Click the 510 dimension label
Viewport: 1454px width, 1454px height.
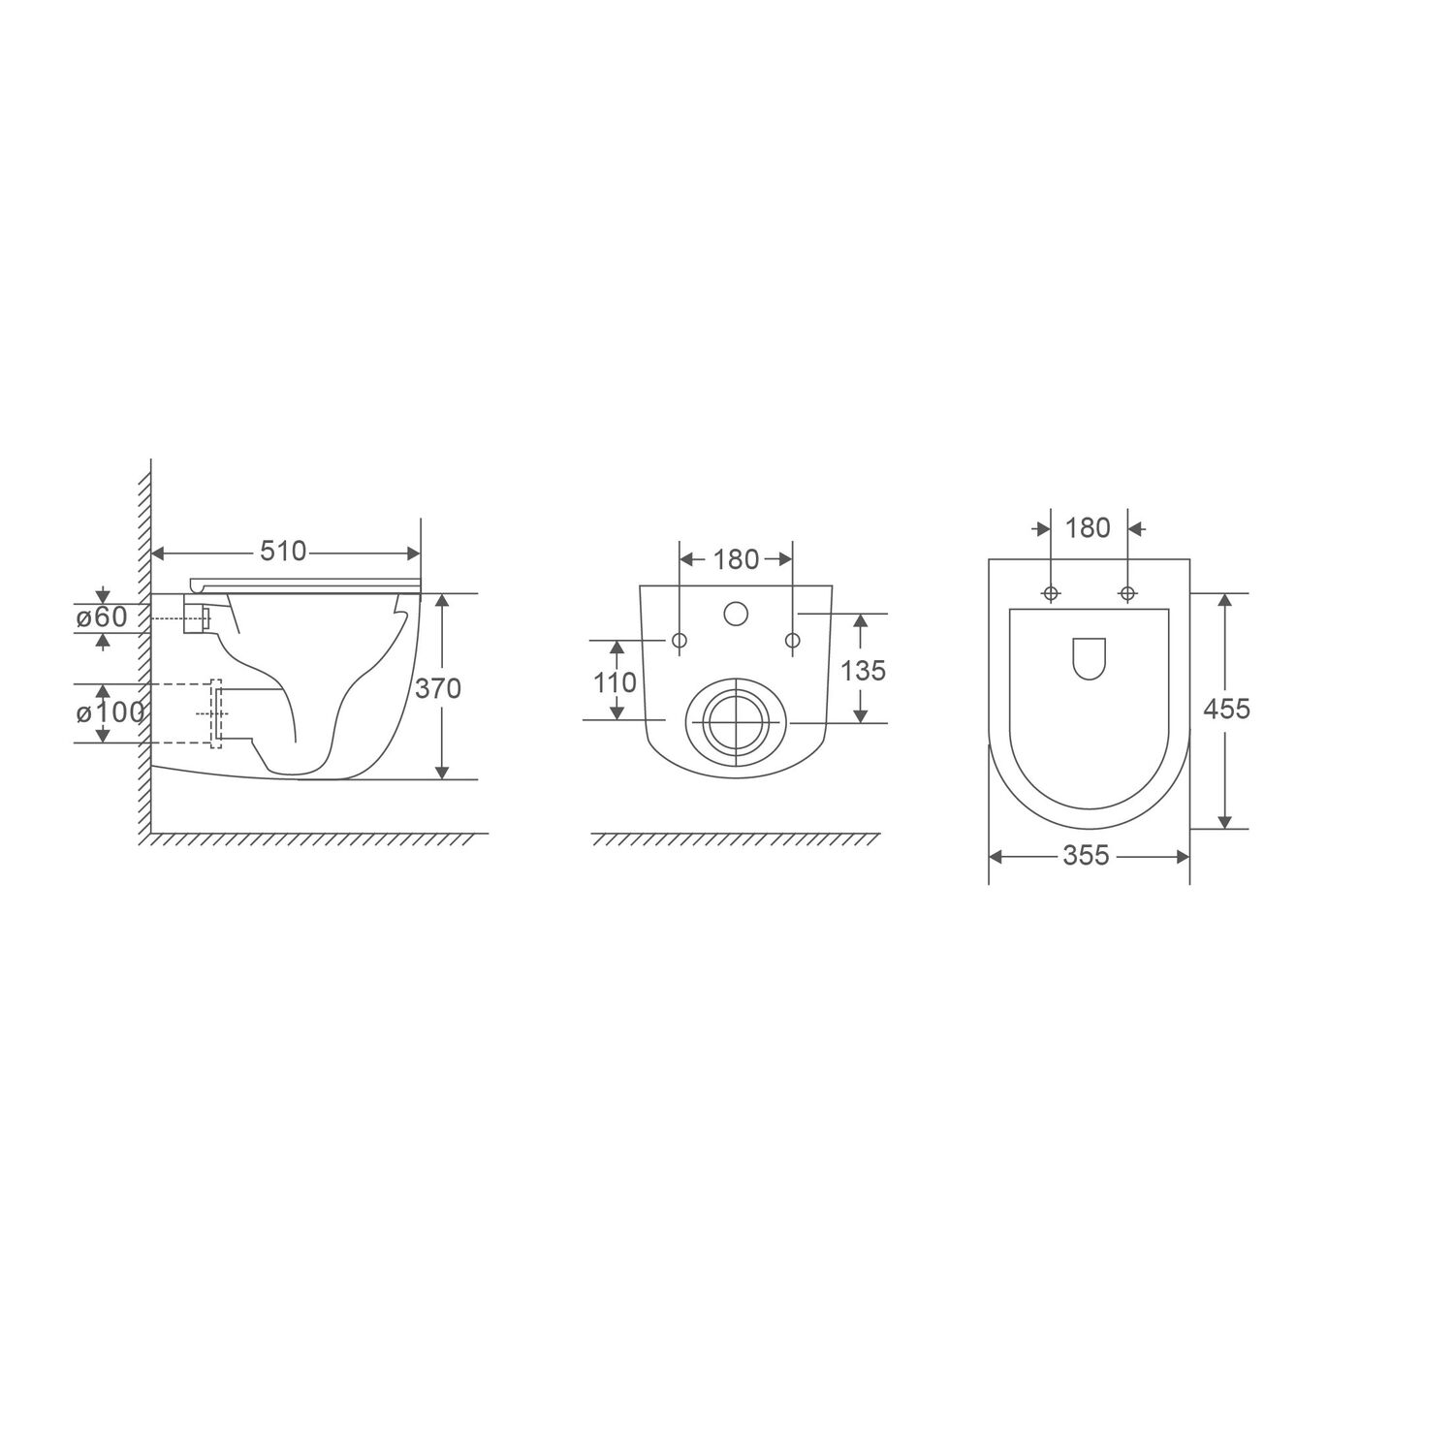(283, 552)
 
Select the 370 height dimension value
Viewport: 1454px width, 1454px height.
(438, 688)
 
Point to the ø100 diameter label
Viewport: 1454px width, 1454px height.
(110, 712)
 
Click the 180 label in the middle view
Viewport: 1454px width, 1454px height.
(736, 559)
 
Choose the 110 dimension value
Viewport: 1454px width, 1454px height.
(615, 682)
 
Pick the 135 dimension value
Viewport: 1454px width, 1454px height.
(863, 670)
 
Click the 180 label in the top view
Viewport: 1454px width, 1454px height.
(1088, 528)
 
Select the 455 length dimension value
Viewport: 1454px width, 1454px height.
(1226, 710)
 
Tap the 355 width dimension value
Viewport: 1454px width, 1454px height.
(1086, 856)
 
